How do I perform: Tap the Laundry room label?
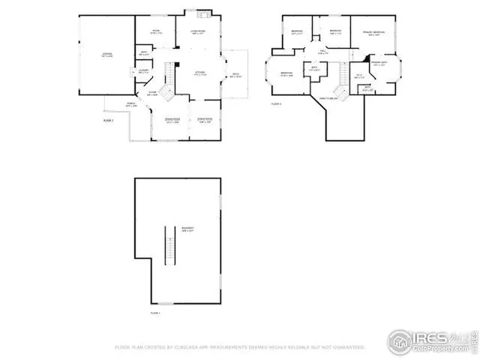click(140, 70)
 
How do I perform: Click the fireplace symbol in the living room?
click(200, 14)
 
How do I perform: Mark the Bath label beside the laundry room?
click(144, 53)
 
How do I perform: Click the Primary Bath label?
click(380, 63)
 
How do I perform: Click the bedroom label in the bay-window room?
click(286, 74)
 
